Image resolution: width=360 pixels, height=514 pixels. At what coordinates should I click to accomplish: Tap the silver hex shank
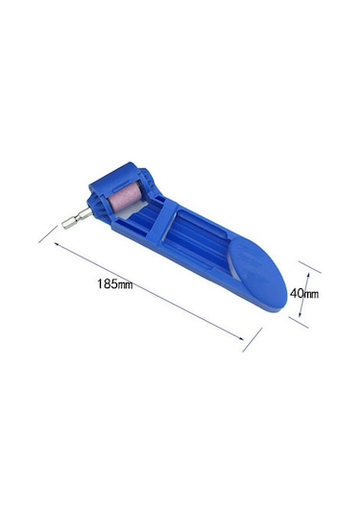point(77,219)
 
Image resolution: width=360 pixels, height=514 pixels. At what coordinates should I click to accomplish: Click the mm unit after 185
point(125,285)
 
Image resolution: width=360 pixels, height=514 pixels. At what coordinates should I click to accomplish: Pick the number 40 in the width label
point(297,293)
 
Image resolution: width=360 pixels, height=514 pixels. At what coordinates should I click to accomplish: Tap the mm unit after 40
point(311,294)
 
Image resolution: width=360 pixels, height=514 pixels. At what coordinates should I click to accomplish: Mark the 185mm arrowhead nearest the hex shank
point(57,244)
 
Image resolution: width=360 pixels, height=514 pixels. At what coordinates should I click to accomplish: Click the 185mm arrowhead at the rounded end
point(241,338)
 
